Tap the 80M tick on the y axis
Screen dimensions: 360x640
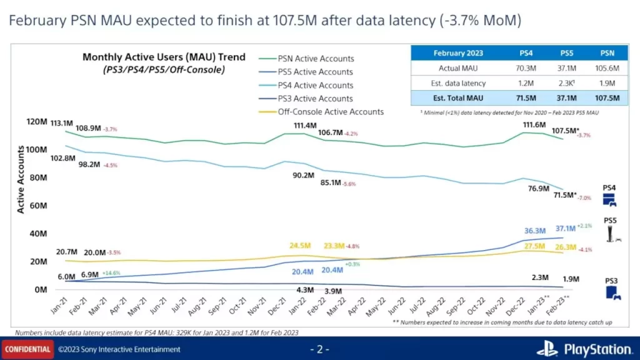(39, 177)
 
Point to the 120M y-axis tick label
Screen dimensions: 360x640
(36, 121)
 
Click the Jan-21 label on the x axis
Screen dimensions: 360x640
(59, 306)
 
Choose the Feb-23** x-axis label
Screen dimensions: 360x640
(558, 306)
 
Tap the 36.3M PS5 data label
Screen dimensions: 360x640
(535, 231)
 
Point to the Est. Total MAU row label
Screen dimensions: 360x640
(453, 98)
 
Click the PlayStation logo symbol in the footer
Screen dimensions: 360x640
(547, 349)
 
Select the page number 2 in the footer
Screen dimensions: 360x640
(319, 349)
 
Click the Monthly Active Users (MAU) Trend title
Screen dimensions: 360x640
(164, 57)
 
